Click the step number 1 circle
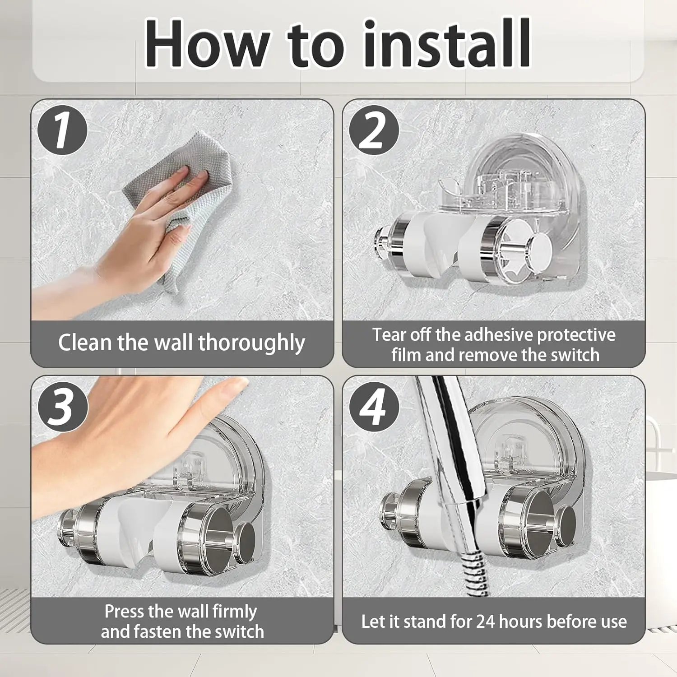pyautogui.click(x=62, y=130)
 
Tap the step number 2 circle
pyautogui.click(x=374, y=130)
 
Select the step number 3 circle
pyautogui.click(x=62, y=406)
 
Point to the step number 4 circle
pyautogui.click(x=374, y=406)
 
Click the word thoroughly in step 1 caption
pyautogui.click(x=251, y=343)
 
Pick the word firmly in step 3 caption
pyautogui.click(x=234, y=612)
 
